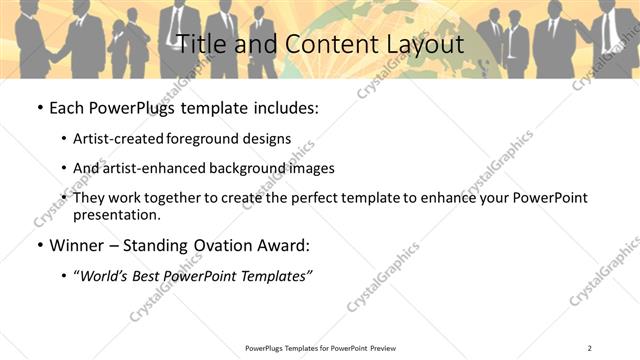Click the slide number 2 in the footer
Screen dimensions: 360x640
coord(590,347)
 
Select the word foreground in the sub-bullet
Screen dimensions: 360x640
coord(206,139)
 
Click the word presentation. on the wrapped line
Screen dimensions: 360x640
coord(116,214)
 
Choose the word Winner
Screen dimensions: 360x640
coord(78,245)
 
